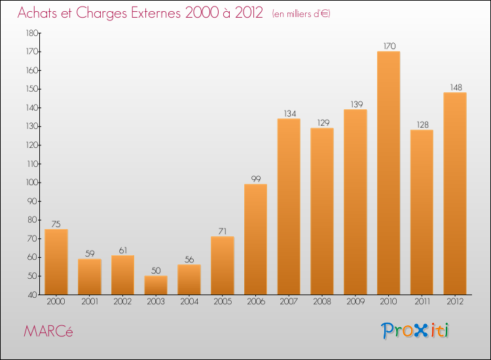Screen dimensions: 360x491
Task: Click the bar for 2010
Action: [x=388, y=173]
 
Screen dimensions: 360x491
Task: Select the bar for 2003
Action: [x=156, y=285]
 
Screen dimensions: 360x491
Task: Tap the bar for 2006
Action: [x=255, y=239]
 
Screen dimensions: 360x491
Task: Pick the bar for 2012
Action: [x=455, y=193]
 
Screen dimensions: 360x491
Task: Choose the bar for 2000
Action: [x=56, y=262]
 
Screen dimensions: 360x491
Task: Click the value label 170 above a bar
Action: [x=388, y=46]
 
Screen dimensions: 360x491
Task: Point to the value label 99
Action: [x=255, y=179]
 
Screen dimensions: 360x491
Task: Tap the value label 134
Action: [x=289, y=113]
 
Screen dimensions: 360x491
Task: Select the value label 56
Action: [x=189, y=259]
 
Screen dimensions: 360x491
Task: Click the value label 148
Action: [x=455, y=87]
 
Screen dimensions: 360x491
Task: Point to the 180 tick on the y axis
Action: [x=31, y=33]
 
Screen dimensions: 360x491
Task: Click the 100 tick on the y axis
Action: [x=31, y=183]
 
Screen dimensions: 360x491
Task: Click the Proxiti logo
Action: [x=415, y=331]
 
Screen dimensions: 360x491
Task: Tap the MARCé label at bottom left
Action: [x=48, y=331]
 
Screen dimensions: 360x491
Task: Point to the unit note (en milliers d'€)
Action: [x=300, y=14]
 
